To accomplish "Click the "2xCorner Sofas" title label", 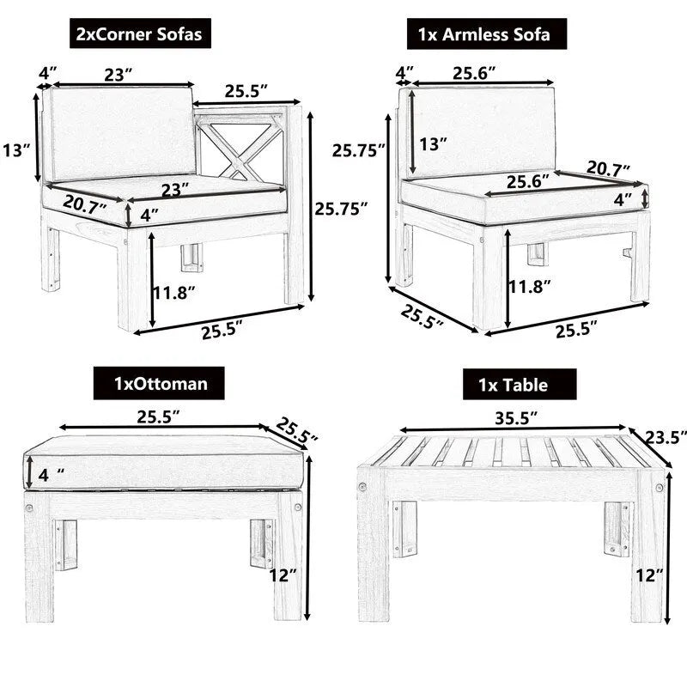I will [x=141, y=34].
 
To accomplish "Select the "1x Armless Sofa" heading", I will [x=486, y=34].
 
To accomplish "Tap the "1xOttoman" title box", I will [x=159, y=382].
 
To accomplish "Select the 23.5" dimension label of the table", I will [x=666, y=437].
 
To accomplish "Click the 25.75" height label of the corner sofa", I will [x=341, y=208].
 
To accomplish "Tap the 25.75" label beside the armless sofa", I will [x=358, y=150].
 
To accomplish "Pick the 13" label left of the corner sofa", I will [x=16, y=151].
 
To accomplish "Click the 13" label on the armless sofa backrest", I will [x=434, y=143].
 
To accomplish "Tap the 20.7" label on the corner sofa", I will [x=84, y=206].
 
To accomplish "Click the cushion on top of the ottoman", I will [x=163, y=462].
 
